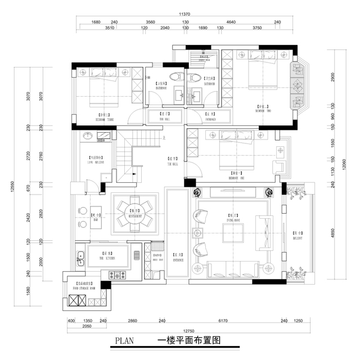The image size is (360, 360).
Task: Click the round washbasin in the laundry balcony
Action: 87,136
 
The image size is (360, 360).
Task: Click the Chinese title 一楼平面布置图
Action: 188,340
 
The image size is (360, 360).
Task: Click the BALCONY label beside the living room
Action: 296,236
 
